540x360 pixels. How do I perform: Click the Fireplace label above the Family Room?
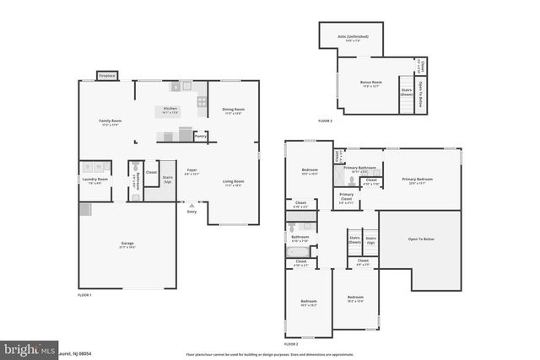coord(106,76)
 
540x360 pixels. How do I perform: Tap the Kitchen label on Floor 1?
coord(170,110)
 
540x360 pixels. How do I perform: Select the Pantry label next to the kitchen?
coord(200,135)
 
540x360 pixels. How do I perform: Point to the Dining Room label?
coord(233,110)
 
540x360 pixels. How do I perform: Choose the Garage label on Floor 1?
coord(127,244)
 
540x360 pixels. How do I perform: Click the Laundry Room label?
coord(94,180)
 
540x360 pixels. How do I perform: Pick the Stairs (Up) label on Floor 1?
coord(167,180)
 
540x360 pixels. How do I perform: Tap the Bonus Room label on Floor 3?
coord(372,83)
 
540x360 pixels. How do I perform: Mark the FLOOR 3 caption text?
coord(325,121)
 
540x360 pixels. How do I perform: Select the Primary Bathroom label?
coord(366,168)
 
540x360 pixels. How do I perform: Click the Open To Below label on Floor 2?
coord(421,239)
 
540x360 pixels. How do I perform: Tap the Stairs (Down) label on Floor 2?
coord(354,239)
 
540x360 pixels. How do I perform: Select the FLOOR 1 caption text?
coord(84,295)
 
